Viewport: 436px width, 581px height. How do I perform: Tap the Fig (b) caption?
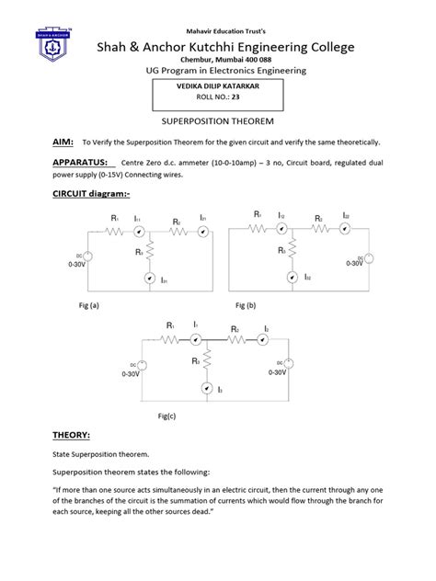[245, 304]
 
